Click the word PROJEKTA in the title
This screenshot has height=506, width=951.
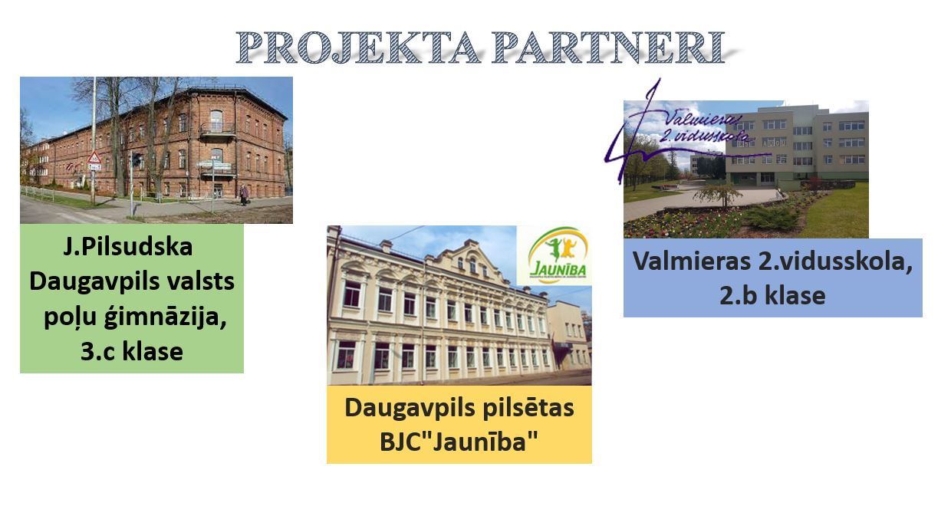pos(358,47)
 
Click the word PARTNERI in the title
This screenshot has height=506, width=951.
pos(608,47)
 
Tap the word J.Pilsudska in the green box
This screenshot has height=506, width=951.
pos(128,247)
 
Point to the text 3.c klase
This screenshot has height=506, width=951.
pos(132,351)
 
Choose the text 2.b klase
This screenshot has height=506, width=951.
pos(772,295)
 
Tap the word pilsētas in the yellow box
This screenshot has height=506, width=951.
pos(528,409)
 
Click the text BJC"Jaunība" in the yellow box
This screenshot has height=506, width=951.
pos(459,442)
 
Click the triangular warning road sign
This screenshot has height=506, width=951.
pos(94,159)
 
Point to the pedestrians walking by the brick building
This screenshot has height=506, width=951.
pos(244,195)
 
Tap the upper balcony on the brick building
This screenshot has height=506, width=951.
pos(217,130)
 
